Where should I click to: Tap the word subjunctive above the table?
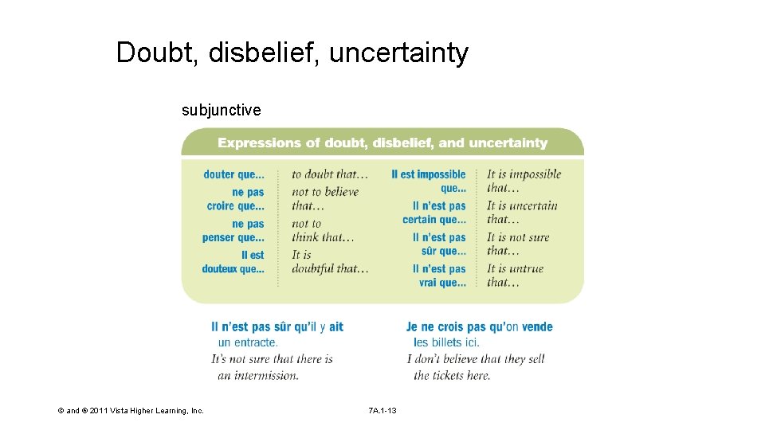point(221,110)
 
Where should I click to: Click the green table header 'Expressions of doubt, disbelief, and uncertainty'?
point(382,143)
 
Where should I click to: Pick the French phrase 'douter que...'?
point(233,174)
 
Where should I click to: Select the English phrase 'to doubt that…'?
point(330,174)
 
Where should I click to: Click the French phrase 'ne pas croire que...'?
point(236,199)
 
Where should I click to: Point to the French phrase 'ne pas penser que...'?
point(233,231)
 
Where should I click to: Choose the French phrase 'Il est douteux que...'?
point(233,262)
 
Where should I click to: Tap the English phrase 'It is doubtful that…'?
point(329,262)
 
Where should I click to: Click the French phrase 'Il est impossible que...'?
point(430,181)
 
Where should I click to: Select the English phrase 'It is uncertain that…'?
point(522,213)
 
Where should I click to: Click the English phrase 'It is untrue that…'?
point(515,275)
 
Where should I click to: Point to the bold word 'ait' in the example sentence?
point(336,326)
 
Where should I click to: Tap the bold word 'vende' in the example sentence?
point(536,326)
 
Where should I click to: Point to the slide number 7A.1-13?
point(382,411)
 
